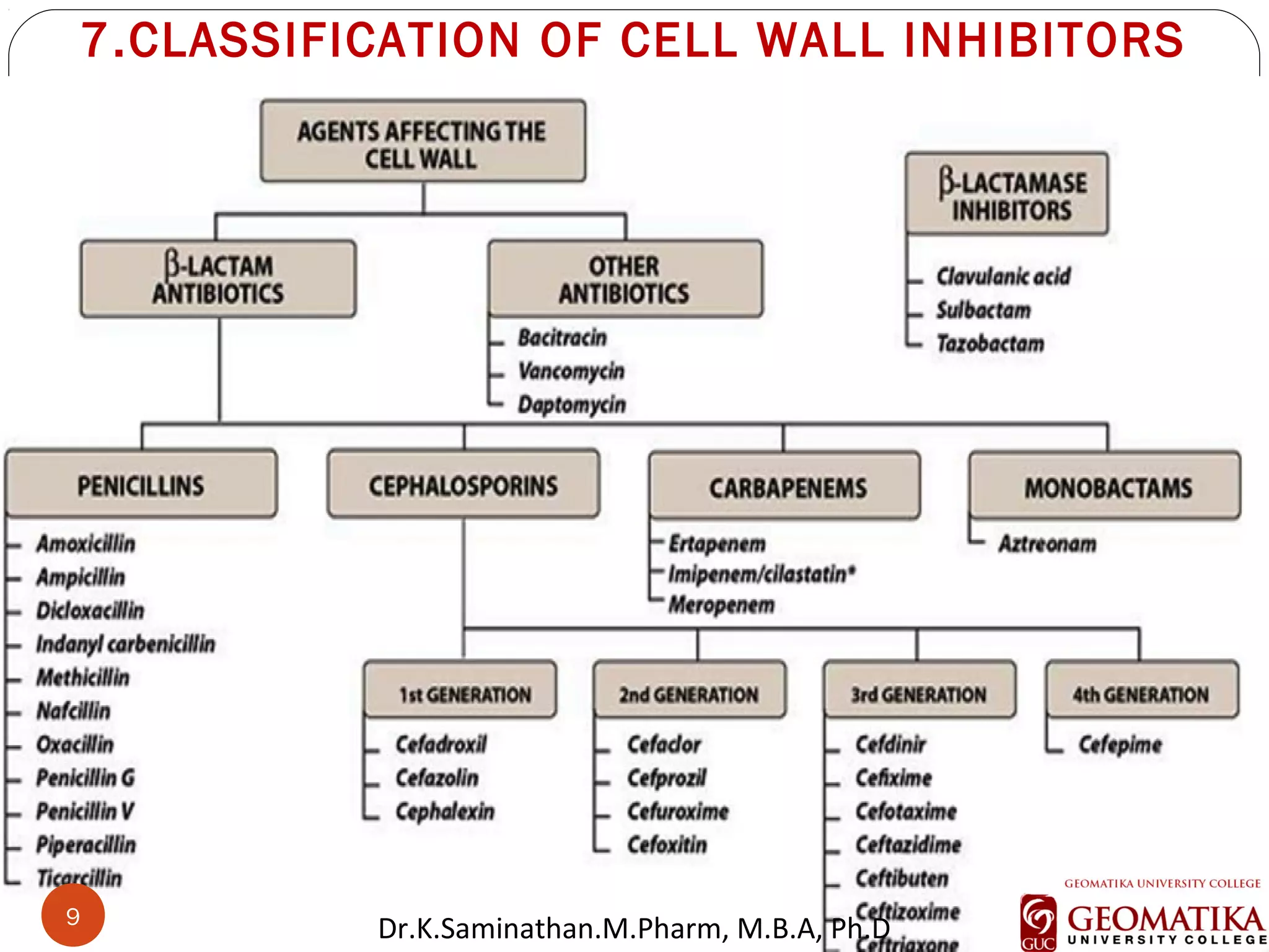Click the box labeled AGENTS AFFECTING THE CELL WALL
point(423,141)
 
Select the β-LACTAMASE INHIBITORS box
point(1007,195)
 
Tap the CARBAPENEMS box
point(785,487)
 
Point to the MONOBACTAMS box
point(1105,487)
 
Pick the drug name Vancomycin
point(571,371)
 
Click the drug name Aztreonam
point(1047,544)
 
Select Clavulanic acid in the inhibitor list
point(1003,276)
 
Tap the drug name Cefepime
point(1120,744)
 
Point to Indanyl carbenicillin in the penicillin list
point(125,644)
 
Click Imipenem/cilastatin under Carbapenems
point(762,574)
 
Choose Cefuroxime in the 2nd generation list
point(678,811)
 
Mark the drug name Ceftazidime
point(908,845)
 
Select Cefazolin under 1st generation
point(437,778)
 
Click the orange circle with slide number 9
point(73,915)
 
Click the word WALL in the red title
point(821,41)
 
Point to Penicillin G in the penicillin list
point(85,778)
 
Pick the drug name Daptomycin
point(571,405)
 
